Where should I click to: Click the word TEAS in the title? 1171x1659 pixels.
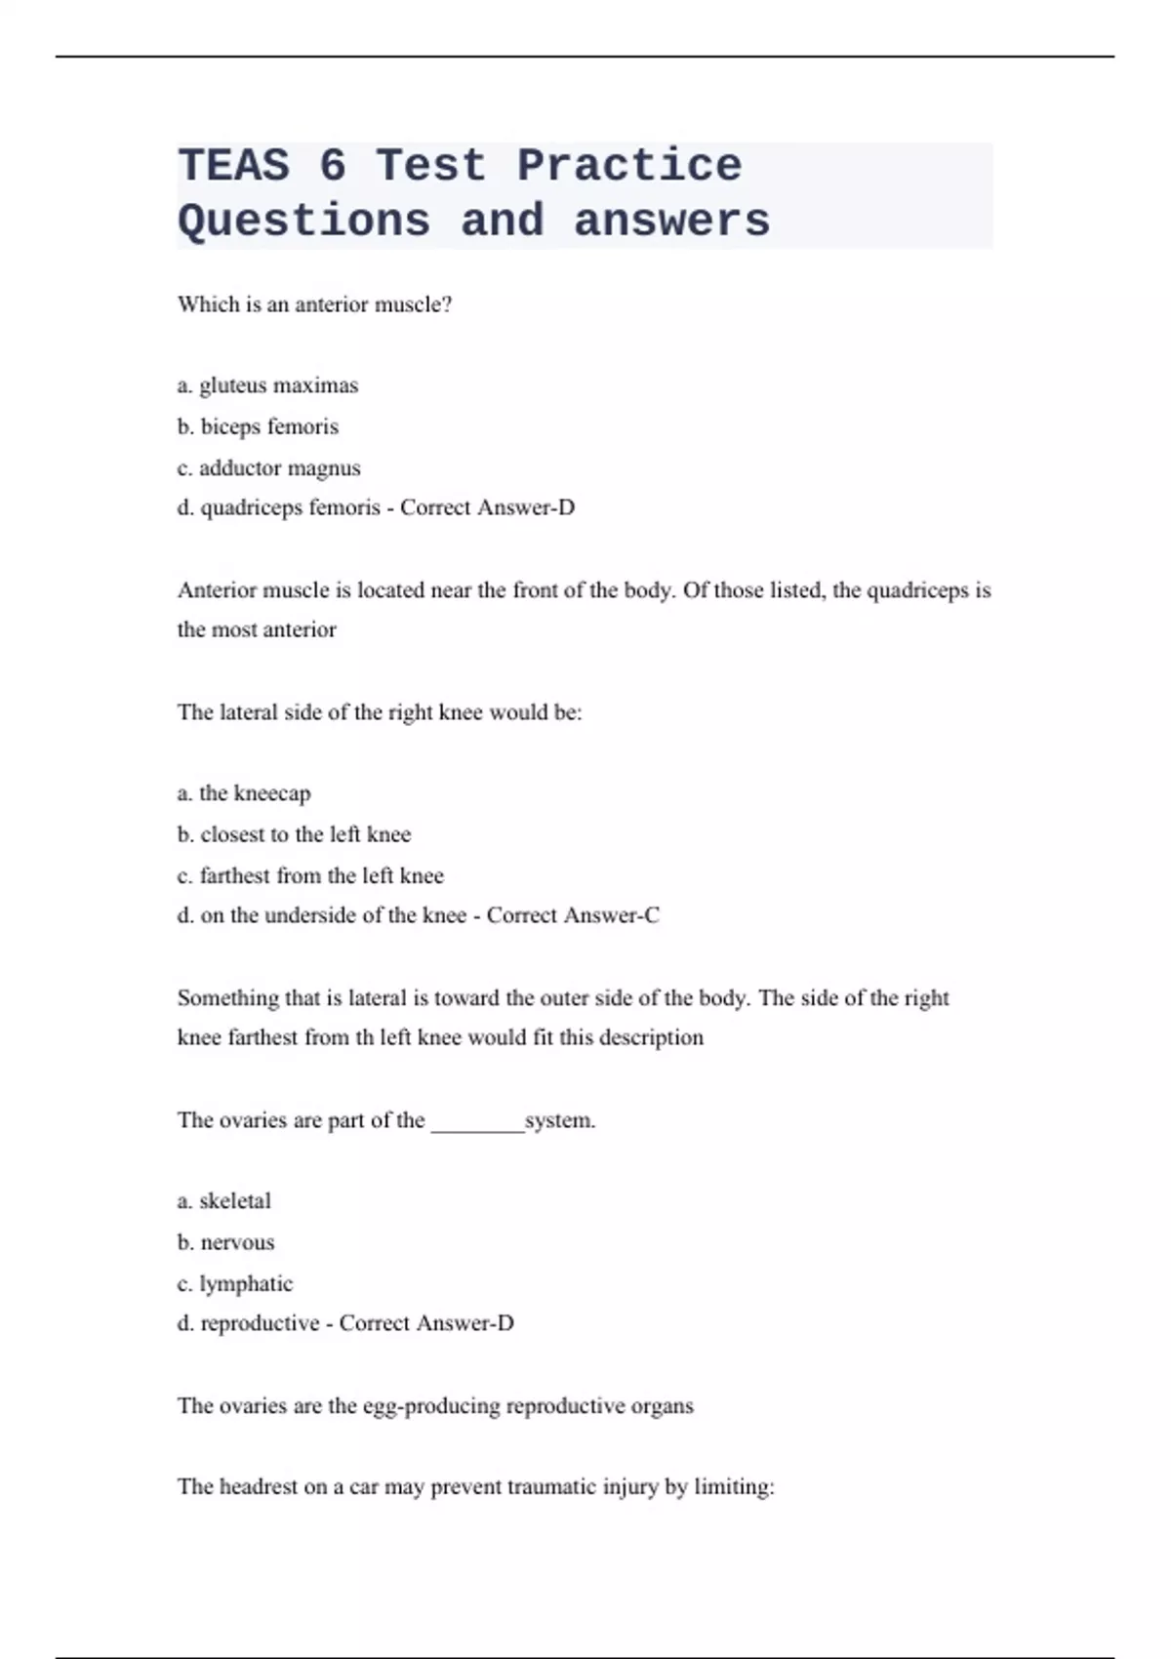[x=234, y=165]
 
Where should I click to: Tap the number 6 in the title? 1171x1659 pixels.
[x=333, y=165]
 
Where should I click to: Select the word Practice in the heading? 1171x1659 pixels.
[x=629, y=165]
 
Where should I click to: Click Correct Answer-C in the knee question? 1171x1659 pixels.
[x=573, y=915]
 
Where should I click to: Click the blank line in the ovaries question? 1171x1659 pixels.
[x=477, y=1122]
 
